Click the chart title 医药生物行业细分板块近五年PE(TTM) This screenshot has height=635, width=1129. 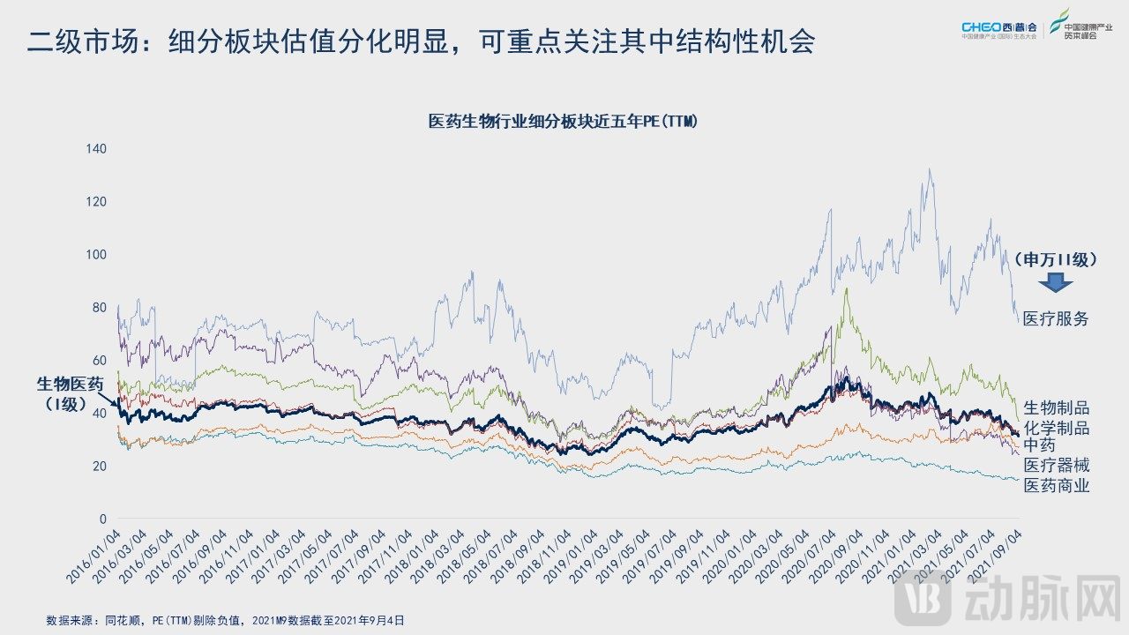click(x=563, y=122)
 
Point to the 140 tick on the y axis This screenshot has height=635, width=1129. click(x=96, y=148)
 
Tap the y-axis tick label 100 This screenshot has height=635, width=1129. click(x=96, y=254)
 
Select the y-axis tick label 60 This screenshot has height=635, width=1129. click(x=100, y=360)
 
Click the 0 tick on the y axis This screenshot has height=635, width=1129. click(x=102, y=519)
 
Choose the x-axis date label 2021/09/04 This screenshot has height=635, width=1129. click(x=998, y=555)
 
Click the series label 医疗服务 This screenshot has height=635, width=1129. click(x=1056, y=319)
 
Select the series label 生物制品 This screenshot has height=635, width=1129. click(x=1056, y=407)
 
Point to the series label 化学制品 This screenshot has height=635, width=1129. click(x=1056, y=428)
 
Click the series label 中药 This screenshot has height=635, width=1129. click(x=1039, y=445)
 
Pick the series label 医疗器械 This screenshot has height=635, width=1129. click(x=1056, y=466)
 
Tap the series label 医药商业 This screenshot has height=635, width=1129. click(x=1056, y=486)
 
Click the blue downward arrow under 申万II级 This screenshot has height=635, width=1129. click(x=1055, y=283)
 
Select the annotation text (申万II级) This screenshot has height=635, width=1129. click(x=1055, y=259)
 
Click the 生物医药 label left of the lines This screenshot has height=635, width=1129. click(x=70, y=384)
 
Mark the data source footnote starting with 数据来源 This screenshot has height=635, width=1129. click(x=226, y=620)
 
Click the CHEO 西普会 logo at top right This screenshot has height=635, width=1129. click(x=1001, y=29)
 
